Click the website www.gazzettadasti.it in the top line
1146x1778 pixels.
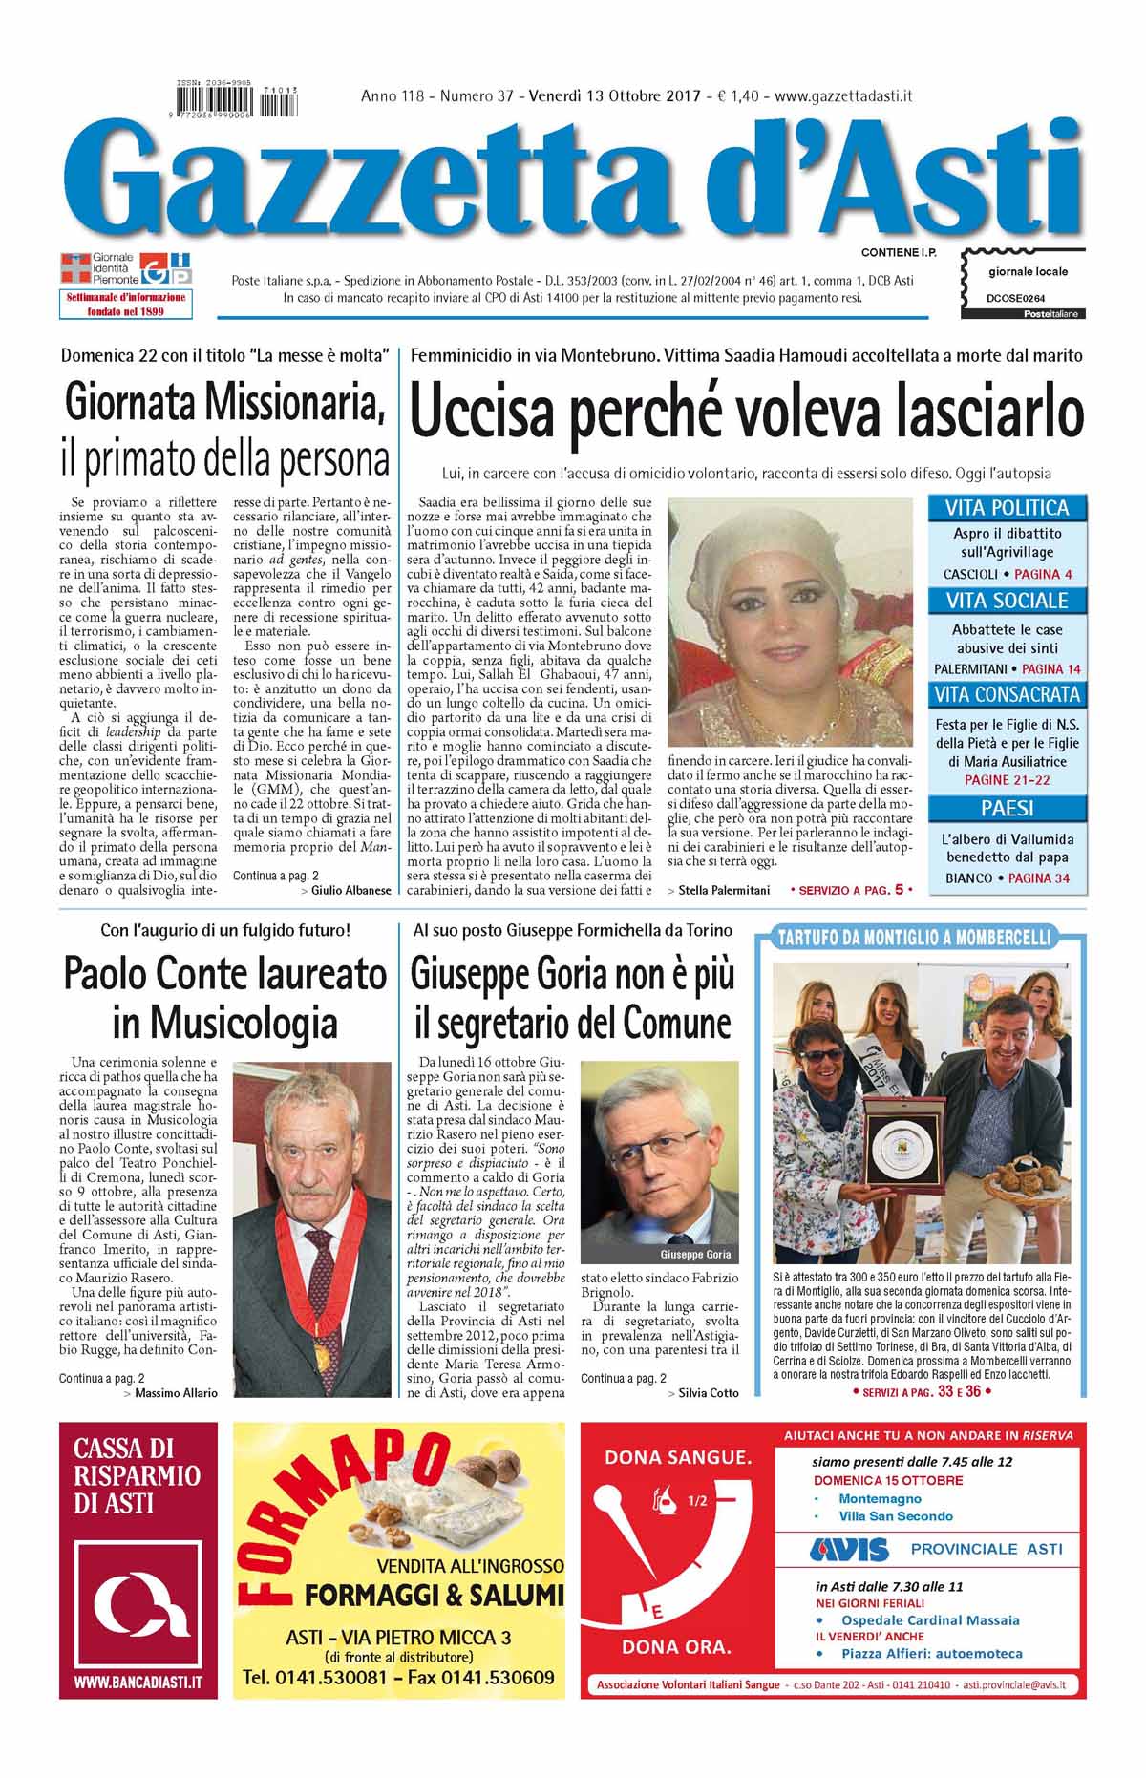(844, 95)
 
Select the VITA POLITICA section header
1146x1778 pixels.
(1007, 508)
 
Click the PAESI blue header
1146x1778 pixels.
(1007, 808)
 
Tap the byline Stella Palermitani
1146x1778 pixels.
(718, 890)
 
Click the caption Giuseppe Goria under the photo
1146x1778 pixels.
(695, 1254)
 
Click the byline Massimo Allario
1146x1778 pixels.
(176, 1392)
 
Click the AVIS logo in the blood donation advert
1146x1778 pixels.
(848, 1548)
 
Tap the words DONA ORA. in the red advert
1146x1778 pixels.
(676, 1673)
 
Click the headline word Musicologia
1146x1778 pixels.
(224, 1023)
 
